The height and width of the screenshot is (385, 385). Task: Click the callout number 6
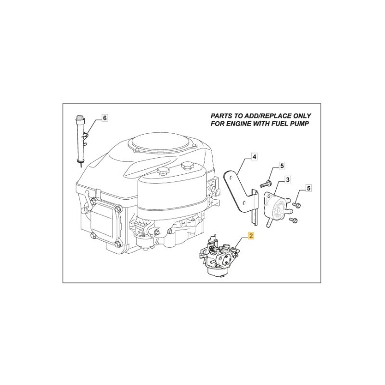pyautogui.click(x=105, y=118)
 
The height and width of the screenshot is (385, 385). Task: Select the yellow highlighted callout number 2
pyautogui.click(x=251, y=236)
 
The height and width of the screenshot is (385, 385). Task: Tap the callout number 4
pyautogui.click(x=255, y=156)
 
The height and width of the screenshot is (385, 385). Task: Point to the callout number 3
pyautogui.click(x=287, y=180)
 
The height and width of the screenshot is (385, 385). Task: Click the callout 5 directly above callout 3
pyautogui.click(x=282, y=166)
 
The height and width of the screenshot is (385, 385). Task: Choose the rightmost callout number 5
pyautogui.click(x=309, y=188)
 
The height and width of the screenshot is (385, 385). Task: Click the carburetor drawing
pyautogui.click(x=219, y=257)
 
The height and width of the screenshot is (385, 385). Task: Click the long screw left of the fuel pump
pyautogui.click(x=266, y=184)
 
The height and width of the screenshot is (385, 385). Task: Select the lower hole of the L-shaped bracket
pyautogui.click(x=245, y=202)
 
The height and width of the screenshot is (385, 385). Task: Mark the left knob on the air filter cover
pyautogui.click(x=162, y=170)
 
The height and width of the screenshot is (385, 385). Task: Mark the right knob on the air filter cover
pyautogui.click(x=187, y=166)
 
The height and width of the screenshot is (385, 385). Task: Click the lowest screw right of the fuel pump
pyautogui.click(x=294, y=220)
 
